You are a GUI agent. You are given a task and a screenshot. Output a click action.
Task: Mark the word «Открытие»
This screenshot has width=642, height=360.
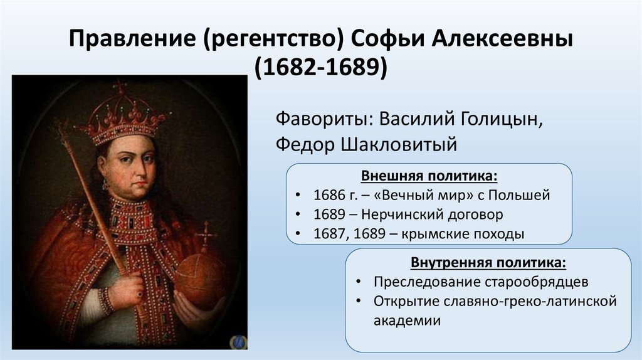click(403, 301)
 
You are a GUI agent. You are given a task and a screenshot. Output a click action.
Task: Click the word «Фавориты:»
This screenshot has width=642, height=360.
click(320, 119)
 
